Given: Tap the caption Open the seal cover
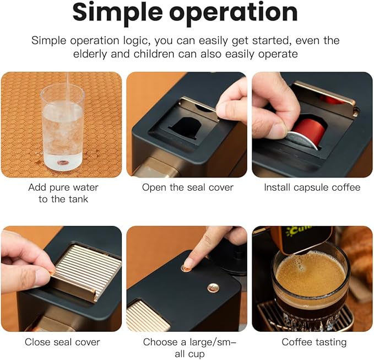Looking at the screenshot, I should point(187,187).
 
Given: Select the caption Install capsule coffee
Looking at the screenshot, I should point(312,187).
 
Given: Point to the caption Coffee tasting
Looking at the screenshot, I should point(314,342).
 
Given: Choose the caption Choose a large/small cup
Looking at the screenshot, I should point(187,347).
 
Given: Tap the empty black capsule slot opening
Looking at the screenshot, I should point(187,126).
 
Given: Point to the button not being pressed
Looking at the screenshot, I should point(213,287).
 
